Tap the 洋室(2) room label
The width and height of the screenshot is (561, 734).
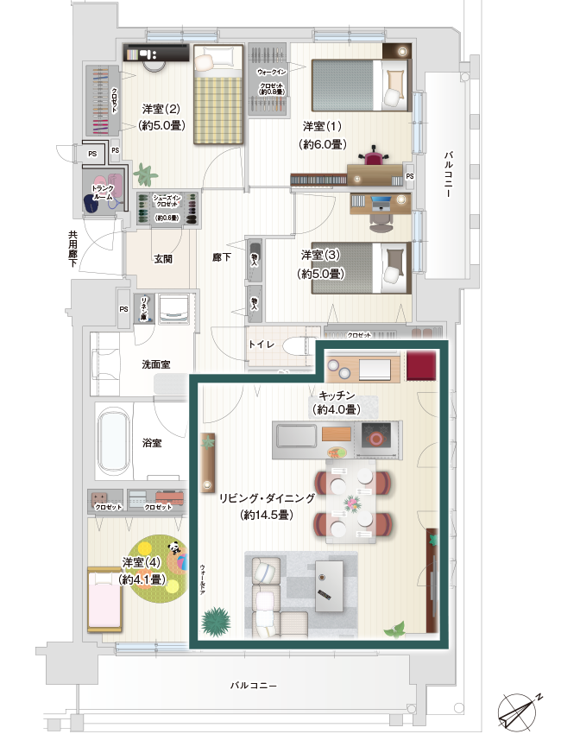point(161,110)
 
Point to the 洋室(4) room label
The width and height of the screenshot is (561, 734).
point(142,563)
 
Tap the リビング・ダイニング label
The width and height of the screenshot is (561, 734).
point(265,499)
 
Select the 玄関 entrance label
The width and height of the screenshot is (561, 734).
point(163,258)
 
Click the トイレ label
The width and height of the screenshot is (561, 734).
point(262,345)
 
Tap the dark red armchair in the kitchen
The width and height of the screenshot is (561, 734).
point(421,365)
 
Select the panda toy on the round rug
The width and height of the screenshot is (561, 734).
point(175,547)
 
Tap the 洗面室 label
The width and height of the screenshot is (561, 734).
point(156,365)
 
